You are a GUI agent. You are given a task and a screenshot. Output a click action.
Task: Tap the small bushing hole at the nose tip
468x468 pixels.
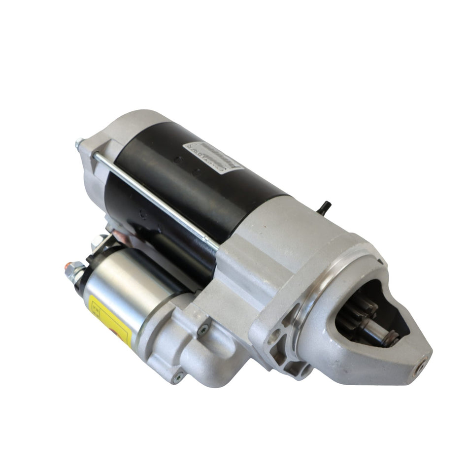click(x=419, y=366)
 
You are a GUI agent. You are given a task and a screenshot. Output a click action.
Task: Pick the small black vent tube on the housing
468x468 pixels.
click(x=325, y=207)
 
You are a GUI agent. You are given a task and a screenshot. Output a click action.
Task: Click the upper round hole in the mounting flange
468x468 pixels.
click(x=274, y=338)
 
